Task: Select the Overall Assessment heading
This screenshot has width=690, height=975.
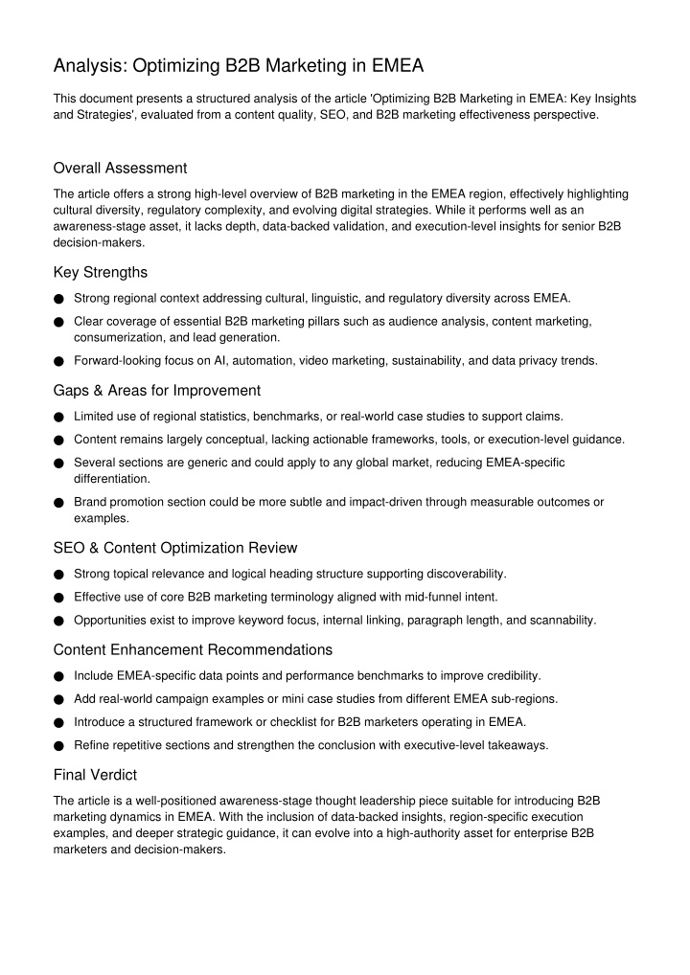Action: pyautogui.click(x=120, y=168)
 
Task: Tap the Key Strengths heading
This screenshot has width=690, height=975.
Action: pyautogui.click(x=100, y=271)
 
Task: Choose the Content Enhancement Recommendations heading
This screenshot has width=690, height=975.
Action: pyautogui.click(x=193, y=649)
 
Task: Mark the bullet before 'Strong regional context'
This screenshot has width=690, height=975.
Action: pyautogui.click(x=59, y=299)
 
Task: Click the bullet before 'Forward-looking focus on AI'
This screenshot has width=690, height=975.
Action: pyautogui.click(x=59, y=362)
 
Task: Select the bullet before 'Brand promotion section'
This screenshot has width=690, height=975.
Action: pyautogui.click(x=59, y=503)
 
